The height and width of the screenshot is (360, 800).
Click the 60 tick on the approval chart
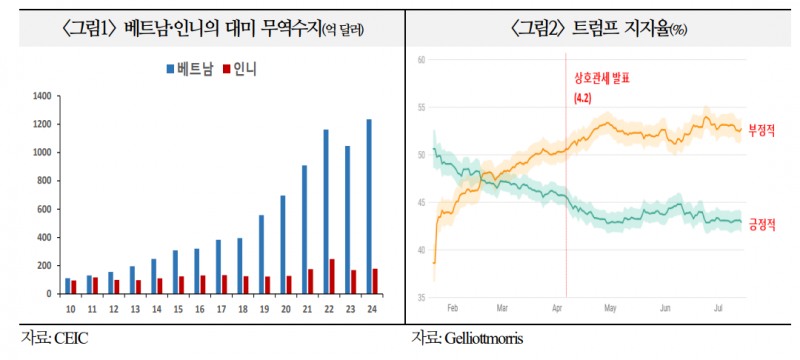pos(422,60)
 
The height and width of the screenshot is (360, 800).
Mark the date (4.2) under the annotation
pos(582,98)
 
